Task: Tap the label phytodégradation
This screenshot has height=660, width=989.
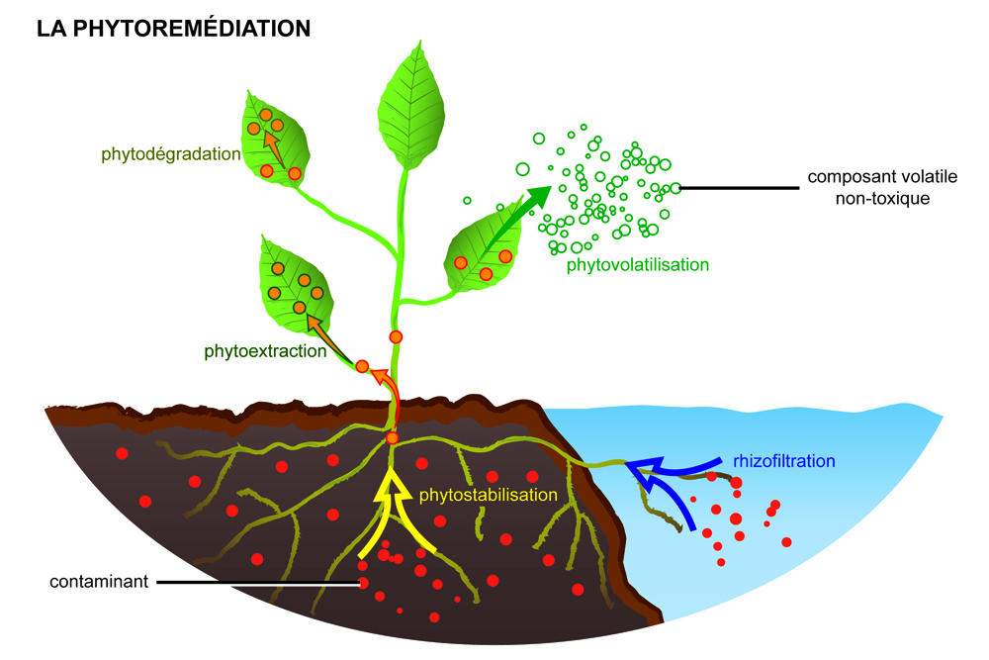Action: point(170,154)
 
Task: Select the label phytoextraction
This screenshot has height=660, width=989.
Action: point(265,350)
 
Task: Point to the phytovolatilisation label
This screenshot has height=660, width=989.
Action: point(638,265)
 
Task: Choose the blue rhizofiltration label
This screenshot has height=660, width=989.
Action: point(785,460)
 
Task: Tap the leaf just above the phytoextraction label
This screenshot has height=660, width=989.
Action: point(293,282)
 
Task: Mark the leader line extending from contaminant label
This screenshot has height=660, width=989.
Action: point(257,582)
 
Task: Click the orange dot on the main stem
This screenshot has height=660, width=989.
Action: point(396,337)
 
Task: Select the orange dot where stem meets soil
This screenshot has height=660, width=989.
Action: point(392,438)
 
